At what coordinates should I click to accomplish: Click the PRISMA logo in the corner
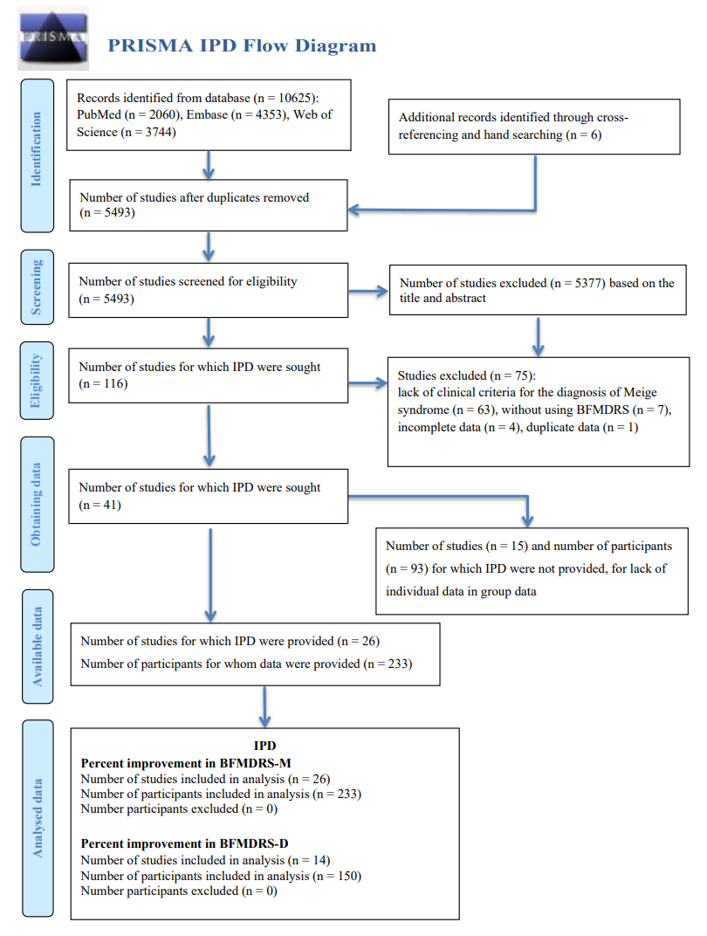tap(53, 38)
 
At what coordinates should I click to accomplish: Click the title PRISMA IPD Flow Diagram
tap(242, 45)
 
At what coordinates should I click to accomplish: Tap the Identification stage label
tap(37, 149)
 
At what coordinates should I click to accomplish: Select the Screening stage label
tap(37, 287)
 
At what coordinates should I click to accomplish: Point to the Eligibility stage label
tap(37, 381)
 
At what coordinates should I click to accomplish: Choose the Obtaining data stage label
tap(37, 504)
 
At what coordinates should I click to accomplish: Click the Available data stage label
tap(38, 646)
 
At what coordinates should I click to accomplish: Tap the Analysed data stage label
tap(38, 818)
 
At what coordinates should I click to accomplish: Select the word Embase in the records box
tap(207, 114)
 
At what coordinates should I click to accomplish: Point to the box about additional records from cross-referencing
tap(534, 127)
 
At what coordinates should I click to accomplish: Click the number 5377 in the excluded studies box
tap(588, 283)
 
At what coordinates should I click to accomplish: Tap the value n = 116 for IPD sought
tap(103, 384)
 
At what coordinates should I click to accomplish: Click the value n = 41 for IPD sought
tap(100, 505)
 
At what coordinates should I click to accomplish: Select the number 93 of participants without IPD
tap(417, 569)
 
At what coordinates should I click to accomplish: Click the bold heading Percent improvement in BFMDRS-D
tap(184, 843)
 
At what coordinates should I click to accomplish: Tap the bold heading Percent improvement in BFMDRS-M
tap(186, 763)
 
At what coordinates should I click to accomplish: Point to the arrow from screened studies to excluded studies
tap(368, 292)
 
